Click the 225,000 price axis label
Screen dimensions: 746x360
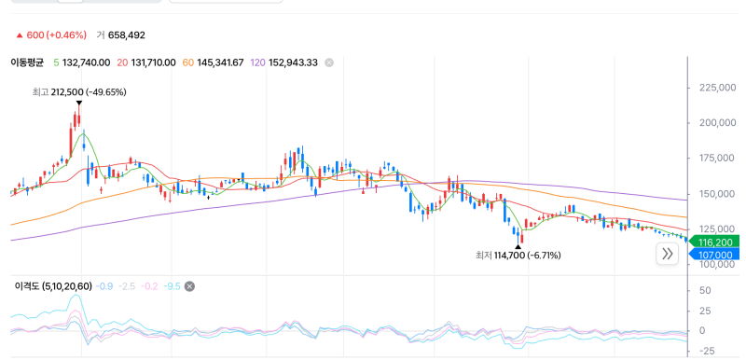(x=718, y=88)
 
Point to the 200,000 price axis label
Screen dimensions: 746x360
(x=718, y=123)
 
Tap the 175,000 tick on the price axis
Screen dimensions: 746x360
(x=718, y=159)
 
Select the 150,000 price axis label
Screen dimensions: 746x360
(x=718, y=194)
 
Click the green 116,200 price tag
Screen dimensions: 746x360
(x=714, y=242)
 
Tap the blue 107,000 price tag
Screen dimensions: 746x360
(x=714, y=255)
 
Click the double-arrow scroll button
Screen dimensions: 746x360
(x=668, y=254)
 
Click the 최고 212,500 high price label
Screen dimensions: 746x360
(x=79, y=92)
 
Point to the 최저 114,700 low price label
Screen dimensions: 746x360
(x=518, y=256)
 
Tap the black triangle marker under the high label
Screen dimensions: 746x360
(x=79, y=103)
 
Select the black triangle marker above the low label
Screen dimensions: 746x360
(x=518, y=246)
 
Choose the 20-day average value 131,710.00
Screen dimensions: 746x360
(x=152, y=62)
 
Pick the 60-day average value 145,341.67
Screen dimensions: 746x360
(x=219, y=62)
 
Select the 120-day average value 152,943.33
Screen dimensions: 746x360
(x=293, y=62)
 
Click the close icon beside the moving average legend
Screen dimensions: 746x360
(x=329, y=62)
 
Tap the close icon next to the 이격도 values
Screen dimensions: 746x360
(x=189, y=286)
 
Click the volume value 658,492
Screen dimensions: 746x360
(x=127, y=35)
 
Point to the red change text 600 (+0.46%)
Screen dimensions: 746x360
(x=56, y=35)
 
